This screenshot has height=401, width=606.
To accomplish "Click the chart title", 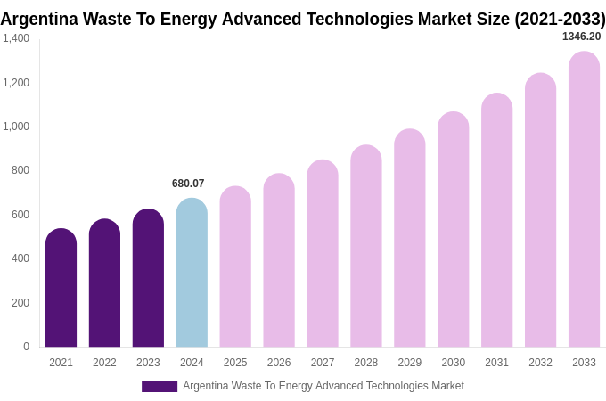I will [303, 19].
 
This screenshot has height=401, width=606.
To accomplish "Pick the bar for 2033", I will [584, 200].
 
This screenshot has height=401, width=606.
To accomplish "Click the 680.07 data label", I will [188, 184].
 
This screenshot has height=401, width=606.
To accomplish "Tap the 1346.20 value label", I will [581, 37].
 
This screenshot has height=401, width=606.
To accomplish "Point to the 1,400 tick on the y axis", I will [16, 38].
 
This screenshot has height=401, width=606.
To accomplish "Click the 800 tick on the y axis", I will [20, 170].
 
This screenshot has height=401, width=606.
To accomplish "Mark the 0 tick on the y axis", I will [26, 347].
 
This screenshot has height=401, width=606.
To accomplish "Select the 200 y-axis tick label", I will [20, 303].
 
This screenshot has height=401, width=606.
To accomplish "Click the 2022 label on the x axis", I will [104, 363].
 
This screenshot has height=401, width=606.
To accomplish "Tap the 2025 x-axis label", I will [235, 363].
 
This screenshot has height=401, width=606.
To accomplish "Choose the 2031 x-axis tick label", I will [496, 363].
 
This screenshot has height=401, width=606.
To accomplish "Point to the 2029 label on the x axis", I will [410, 363].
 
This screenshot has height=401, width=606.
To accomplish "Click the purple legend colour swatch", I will [160, 387].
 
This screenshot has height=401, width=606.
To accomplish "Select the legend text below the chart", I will [323, 386].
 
